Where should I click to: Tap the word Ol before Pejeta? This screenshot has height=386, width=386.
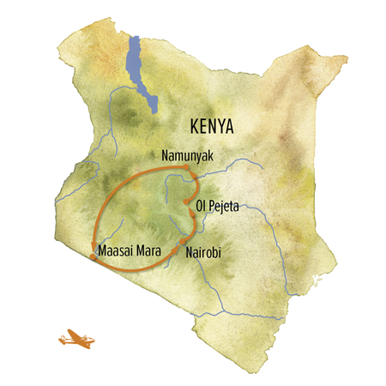202,207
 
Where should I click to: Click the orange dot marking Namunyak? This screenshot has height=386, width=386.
196,177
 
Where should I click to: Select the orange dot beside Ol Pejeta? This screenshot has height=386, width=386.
186,202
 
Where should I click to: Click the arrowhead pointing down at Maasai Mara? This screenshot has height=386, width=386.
93,250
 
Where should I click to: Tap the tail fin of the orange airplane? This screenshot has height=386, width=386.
61,335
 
